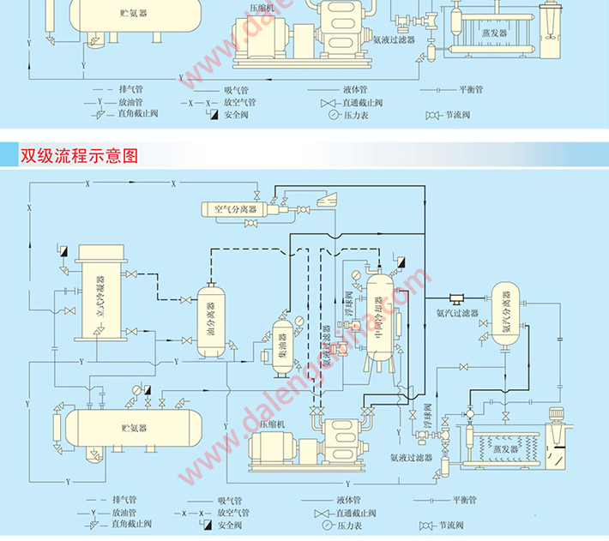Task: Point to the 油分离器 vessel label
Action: [x=211, y=319]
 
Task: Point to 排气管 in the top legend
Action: [x=131, y=88]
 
